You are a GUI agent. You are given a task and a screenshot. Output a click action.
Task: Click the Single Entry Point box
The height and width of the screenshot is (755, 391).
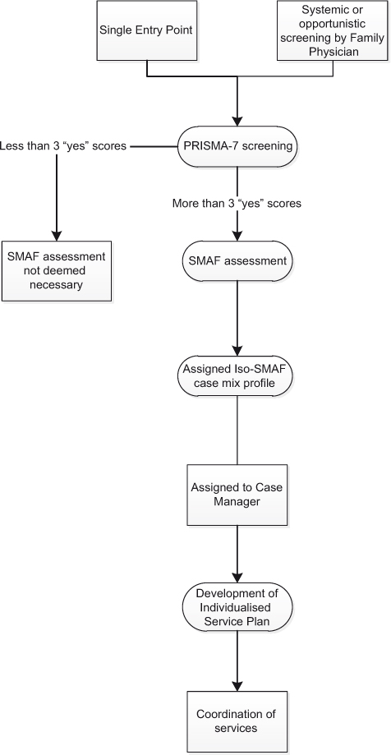(x=147, y=31)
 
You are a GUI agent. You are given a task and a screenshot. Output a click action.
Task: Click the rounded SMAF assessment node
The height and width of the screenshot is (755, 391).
(x=237, y=261)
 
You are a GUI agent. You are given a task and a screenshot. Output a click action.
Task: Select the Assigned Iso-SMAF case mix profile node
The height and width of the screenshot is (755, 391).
(x=237, y=375)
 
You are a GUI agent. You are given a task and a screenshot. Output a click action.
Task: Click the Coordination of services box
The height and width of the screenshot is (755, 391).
(x=237, y=720)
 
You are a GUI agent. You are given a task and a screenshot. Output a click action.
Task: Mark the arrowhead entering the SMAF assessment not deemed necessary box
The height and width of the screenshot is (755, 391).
(x=56, y=234)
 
